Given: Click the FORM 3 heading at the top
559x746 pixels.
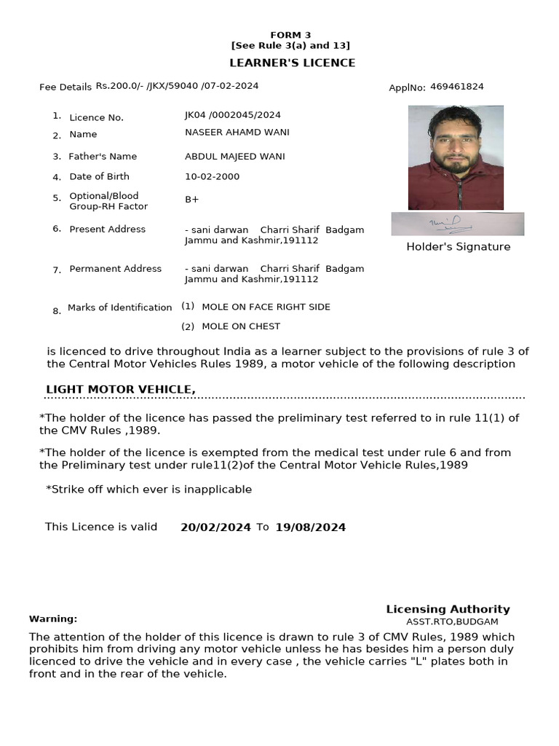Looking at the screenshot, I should (290, 35).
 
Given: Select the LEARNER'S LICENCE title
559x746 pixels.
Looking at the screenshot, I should (293, 63).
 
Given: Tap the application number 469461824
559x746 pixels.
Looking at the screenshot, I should (456, 87).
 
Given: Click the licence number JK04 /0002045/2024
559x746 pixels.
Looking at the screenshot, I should (233, 115).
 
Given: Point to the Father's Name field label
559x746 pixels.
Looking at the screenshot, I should (103, 157).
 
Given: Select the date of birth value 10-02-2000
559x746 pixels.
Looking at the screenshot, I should (212, 176).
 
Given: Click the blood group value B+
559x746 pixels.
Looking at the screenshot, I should (192, 200).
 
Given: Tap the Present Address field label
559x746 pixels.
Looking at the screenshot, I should (107, 229).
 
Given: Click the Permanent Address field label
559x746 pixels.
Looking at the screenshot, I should (115, 269).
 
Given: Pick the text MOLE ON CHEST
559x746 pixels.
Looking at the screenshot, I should (241, 326).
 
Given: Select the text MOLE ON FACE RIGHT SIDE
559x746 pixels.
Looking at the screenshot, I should (266, 307).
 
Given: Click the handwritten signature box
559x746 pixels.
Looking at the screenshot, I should (457, 224).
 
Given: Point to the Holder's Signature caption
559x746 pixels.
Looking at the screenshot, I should (458, 247).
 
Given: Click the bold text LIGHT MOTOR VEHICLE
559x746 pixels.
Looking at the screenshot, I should (121, 390).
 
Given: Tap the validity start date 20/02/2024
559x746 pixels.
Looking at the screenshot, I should (215, 527).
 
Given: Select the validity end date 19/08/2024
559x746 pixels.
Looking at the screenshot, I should (310, 527).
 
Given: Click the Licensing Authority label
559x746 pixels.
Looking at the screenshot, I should (448, 609).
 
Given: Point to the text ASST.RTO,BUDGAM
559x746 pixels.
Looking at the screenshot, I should (452, 621).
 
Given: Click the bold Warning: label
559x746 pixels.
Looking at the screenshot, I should (53, 619).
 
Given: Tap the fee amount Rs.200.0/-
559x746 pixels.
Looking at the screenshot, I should (119, 86).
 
